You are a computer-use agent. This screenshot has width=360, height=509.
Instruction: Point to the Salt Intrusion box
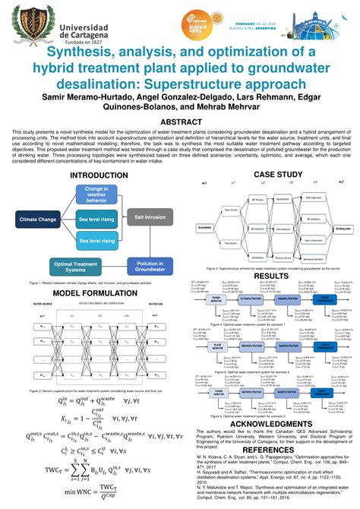[150, 216]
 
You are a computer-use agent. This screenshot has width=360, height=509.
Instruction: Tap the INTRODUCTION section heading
[99, 175]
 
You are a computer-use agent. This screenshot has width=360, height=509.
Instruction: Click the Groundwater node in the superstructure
[204, 227]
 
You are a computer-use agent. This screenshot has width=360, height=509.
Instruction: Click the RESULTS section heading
[270, 277]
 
